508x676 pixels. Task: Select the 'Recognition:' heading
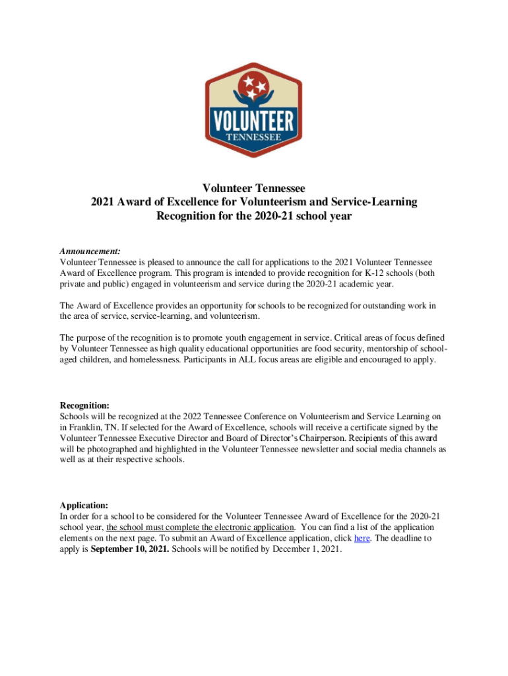[x=84, y=405]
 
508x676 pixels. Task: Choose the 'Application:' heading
[x=84, y=505]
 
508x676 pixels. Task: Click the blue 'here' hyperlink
[x=362, y=539]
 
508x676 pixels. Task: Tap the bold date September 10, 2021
[x=129, y=549]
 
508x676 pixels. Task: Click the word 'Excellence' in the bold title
[x=199, y=202]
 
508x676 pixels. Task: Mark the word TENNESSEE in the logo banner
[x=253, y=137]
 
